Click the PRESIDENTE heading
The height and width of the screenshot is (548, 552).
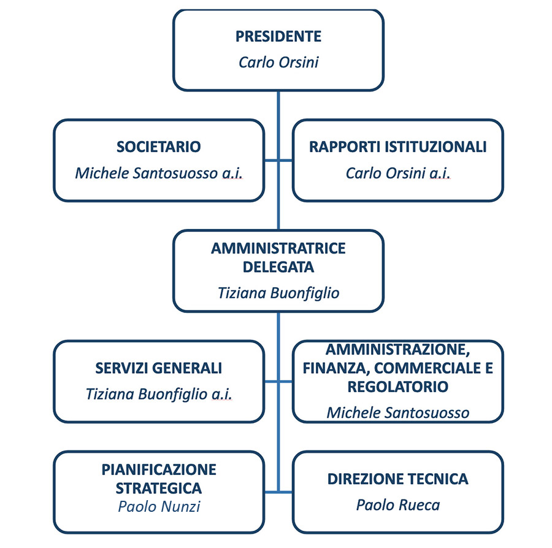(x=278, y=36)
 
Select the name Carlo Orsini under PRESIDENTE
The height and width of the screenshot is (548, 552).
(x=278, y=63)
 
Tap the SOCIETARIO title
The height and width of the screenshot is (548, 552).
(x=158, y=147)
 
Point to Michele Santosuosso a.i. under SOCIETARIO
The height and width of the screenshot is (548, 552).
(x=158, y=173)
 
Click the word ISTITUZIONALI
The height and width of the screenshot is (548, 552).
(x=436, y=147)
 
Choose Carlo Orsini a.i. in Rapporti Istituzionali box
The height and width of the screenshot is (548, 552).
(x=398, y=173)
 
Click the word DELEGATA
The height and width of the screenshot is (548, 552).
(x=278, y=267)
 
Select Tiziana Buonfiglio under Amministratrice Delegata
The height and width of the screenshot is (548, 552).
(x=278, y=293)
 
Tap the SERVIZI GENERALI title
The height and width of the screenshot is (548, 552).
(x=158, y=368)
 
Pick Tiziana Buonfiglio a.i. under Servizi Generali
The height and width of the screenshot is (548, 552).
(x=158, y=394)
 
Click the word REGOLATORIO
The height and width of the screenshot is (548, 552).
(x=398, y=387)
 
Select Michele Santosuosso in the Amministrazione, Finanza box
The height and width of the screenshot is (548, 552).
(x=398, y=413)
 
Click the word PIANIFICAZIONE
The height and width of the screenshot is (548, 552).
(x=159, y=470)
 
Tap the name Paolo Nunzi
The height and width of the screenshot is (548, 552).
(x=159, y=507)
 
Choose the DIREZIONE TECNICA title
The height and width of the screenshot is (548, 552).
(x=398, y=479)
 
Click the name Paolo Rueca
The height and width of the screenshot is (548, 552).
(x=398, y=505)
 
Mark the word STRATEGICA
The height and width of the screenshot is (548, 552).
(x=159, y=488)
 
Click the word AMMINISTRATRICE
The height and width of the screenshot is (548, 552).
(x=278, y=249)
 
